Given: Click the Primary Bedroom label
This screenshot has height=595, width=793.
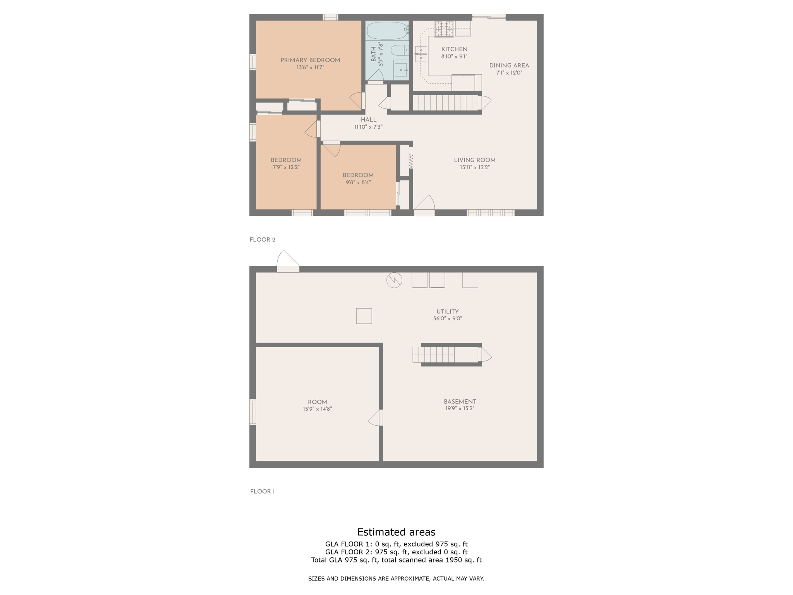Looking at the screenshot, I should click(310, 60).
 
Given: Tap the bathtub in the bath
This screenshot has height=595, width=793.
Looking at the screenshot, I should click(386, 30).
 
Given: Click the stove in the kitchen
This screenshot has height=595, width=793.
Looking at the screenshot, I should click(444, 29).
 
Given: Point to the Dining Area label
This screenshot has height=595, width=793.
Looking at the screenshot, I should click(509, 66).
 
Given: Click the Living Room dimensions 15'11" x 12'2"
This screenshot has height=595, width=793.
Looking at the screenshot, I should click(474, 167).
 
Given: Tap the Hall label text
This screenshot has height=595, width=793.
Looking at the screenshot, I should click(368, 120).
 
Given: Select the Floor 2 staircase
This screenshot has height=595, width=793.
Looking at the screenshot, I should click(445, 103).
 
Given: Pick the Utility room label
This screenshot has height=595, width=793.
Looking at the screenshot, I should click(447, 312).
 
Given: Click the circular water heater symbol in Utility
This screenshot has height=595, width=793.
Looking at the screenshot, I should click(394, 280).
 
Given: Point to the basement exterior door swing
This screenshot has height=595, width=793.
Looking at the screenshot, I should click(287, 260).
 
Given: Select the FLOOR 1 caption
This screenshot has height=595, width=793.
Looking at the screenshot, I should click(262, 492).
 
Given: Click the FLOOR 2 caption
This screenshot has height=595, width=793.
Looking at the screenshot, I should click(262, 240).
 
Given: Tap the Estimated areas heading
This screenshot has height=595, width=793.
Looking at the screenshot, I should click(396, 532).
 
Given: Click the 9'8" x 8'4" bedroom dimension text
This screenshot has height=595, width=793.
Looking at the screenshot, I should click(358, 182).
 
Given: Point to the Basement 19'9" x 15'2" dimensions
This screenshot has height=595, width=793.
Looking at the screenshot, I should click(460, 408).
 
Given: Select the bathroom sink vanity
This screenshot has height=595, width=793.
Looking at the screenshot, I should click(401, 70).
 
